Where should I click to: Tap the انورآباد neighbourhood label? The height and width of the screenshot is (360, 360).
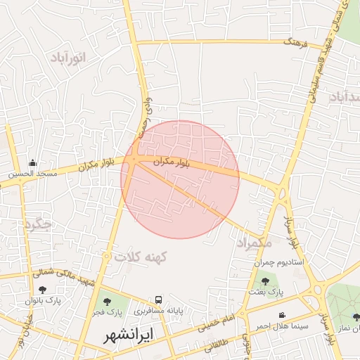click(69, 58)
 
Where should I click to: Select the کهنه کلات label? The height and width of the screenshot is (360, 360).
click(139, 257)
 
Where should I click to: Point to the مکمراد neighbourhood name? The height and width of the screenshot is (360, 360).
click(254, 243)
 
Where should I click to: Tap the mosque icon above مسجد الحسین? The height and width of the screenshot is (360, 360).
click(32, 162)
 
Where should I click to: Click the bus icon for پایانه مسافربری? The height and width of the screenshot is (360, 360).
click(159, 300)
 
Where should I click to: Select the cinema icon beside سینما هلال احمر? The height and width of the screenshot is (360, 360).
click(282, 315)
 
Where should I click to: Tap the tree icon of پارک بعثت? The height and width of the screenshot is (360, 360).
click(265, 281)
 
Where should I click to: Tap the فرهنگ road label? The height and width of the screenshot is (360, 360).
click(296, 43)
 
